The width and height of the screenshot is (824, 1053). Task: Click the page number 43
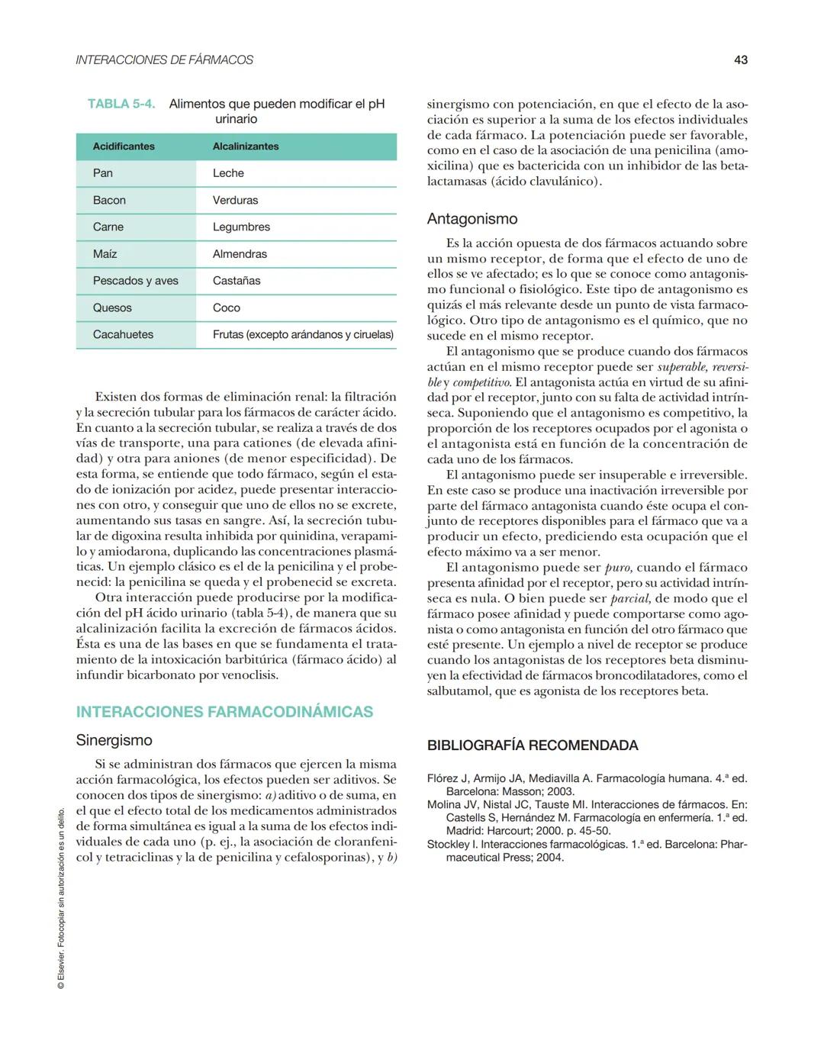pyautogui.click(x=740, y=60)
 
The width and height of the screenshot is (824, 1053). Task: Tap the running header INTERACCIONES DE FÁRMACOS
pyautogui.click(x=164, y=60)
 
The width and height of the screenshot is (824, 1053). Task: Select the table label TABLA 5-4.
pyautogui.click(x=121, y=104)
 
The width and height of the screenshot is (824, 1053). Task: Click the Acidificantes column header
pyautogui.click(x=124, y=147)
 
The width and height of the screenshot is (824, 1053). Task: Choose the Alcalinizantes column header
pyautogui.click(x=246, y=147)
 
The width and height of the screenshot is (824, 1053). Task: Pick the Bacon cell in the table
pyautogui.click(x=109, y=200)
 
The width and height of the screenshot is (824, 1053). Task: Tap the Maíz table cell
pyautogui.click(x=105, y=254)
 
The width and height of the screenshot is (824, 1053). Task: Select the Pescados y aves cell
pyautogui.click(x=136, y=281)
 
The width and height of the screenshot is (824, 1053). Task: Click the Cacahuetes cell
pyautogui.click(x=123, y=334)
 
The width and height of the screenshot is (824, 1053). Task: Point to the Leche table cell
pyautogui.click(x=228, y=173)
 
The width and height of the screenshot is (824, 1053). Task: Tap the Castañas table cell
pyautogui.click(x=237, y=281)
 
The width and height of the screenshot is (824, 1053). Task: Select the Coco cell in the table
pyautogui.click(x=227, y=308)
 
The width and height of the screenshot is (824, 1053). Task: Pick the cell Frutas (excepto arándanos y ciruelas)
pyautogui.click(x=303, y=334)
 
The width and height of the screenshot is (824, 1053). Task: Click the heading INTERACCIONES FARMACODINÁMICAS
pyautogui.click(x=224, y=712)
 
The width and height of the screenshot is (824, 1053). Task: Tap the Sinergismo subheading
pyautogui.click(x=114, y=740)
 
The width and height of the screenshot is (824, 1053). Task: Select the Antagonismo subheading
pyautogui.click(x=472, y=219)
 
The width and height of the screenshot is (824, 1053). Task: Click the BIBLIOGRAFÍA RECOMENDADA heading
pyautogui.click(x=533, y=745)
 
